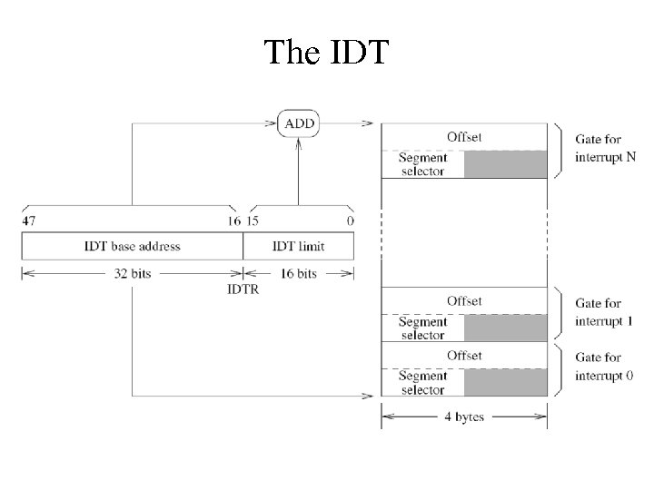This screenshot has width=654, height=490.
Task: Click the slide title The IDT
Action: [326, 52]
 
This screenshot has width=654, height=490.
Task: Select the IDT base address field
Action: [132, 246]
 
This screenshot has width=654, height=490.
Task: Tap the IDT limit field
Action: [299, 246]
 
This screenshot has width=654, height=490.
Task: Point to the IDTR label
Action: [243, 289]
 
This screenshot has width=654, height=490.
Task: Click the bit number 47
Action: [28, 220]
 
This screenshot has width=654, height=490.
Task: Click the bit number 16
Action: [234, 220]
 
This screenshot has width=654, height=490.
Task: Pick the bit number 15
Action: [254, 220]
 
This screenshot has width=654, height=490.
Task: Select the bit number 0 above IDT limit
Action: [350, 220]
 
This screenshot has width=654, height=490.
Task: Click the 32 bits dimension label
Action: [132, 273]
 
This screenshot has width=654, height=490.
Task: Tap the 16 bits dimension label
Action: [299, 273]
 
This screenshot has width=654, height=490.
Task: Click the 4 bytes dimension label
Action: [464, 416]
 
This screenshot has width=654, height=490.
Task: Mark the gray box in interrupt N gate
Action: [506, 164]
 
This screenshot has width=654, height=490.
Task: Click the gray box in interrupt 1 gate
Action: [506, 328]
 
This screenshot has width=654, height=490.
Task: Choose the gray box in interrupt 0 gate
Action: [506, 382]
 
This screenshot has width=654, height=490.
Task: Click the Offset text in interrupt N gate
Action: [464, 137]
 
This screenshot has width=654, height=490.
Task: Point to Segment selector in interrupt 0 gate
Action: [422, 383]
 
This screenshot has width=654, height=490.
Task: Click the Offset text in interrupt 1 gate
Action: [464, 300]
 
